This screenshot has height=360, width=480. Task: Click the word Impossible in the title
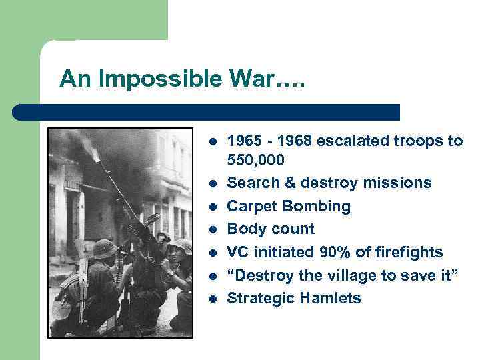tap(137, 79)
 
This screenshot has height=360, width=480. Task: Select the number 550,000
tap(256, 161)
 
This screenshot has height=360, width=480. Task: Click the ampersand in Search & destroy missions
tap(288, 183)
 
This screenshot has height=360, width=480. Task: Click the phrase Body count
tap(271, 229)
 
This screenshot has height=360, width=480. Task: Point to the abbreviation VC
tap(239, 252)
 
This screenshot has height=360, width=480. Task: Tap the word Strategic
tap(259, 298)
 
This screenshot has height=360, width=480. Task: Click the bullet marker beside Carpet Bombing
tap(211, 207)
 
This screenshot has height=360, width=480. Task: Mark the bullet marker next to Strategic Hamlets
tap(211, 299)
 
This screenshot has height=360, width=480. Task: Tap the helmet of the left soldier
tap(104, 249)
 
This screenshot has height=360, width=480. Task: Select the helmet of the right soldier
tap(181, 245)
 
